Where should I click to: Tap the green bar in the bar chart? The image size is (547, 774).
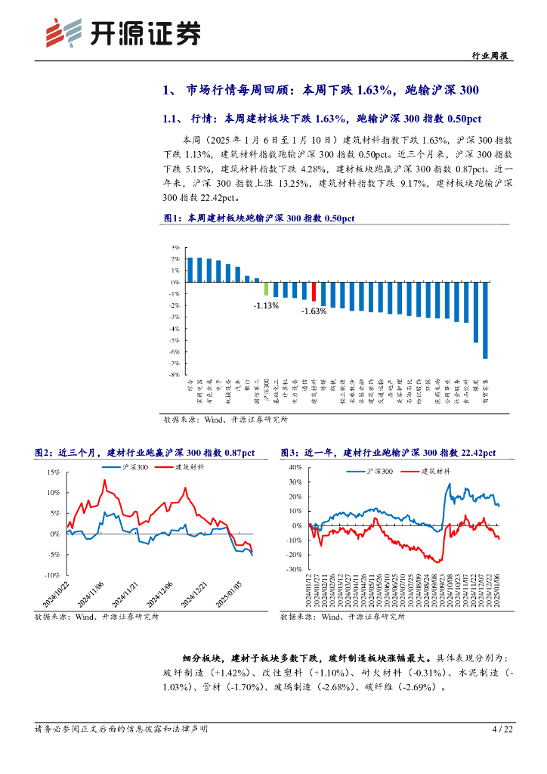(x=267, y=288)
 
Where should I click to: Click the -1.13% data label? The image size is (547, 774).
(x=266, y=305)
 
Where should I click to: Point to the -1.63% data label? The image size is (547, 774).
(x=314, y=311)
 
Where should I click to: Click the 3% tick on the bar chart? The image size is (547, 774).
(x=175, y=247)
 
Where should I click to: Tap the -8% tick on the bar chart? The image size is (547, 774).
(x=174, y=374)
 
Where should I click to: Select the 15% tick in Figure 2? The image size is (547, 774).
(x=53, y=472)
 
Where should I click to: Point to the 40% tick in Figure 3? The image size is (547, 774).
(x=295, y=468)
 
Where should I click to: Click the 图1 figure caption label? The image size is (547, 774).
(x=174, y=218)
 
